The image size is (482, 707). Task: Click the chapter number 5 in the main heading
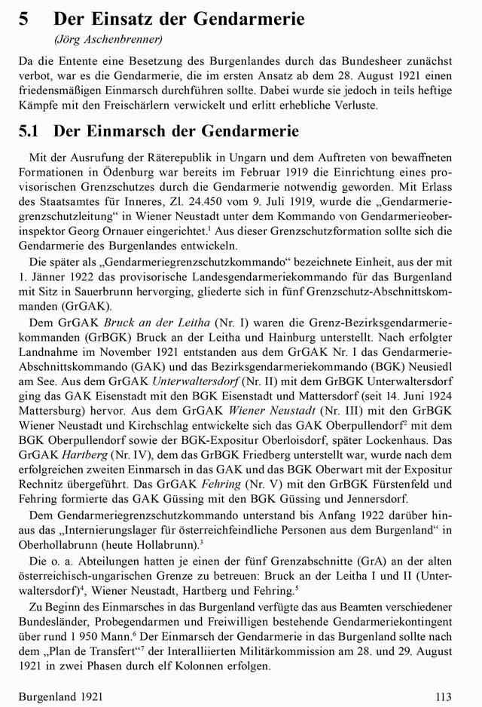(x=24, y=20)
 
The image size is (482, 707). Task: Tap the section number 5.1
(x=28, y=130)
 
